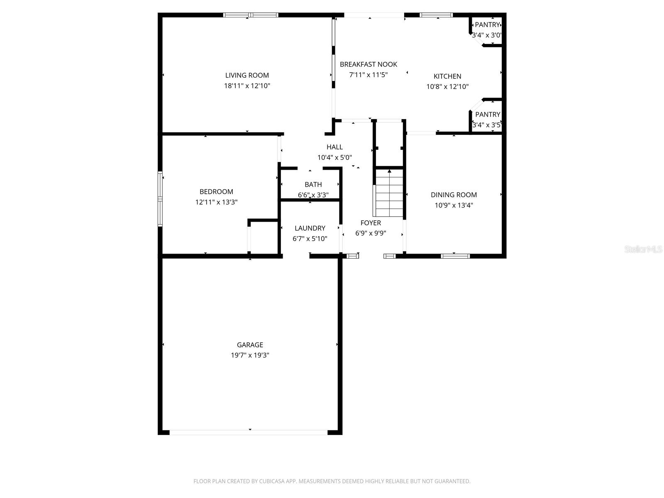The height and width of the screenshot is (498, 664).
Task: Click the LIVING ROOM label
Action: tap(247, 75)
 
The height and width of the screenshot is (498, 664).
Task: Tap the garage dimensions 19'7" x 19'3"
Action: tap(250, 355)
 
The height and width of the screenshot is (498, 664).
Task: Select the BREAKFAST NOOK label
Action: tap(368, 64)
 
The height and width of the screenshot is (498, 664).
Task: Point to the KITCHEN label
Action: tap(447, 76)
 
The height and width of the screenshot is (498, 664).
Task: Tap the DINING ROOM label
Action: tap(454, 195)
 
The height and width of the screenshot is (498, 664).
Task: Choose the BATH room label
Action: tap(313, 184)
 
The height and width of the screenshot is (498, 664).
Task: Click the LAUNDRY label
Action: tap(310, 228)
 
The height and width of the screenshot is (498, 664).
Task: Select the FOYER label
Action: tap(371, 223)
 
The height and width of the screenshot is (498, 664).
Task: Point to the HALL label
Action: tap(334, 147)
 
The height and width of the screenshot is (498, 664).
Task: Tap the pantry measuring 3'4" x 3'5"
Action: tap(487, 120)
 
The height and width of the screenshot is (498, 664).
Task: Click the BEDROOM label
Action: tap(216, 192)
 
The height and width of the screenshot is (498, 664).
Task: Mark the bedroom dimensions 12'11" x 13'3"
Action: tap(216, 202)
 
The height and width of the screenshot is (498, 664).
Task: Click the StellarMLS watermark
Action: tap(643, 249)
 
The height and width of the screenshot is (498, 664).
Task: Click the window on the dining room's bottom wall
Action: tap(455, 256)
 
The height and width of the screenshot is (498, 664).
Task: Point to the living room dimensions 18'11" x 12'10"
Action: tap(247, 86)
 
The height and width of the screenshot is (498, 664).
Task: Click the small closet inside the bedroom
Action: tap(264, 237)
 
